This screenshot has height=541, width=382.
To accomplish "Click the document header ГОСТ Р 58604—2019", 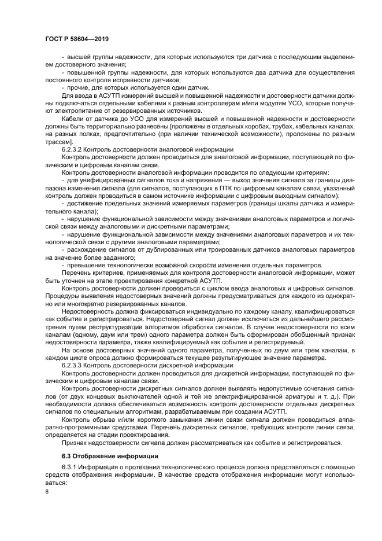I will tap(76, 39).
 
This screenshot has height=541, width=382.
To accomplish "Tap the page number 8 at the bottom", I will tap(47, 491).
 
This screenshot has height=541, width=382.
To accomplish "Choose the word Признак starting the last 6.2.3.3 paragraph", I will tap(76, 443).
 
